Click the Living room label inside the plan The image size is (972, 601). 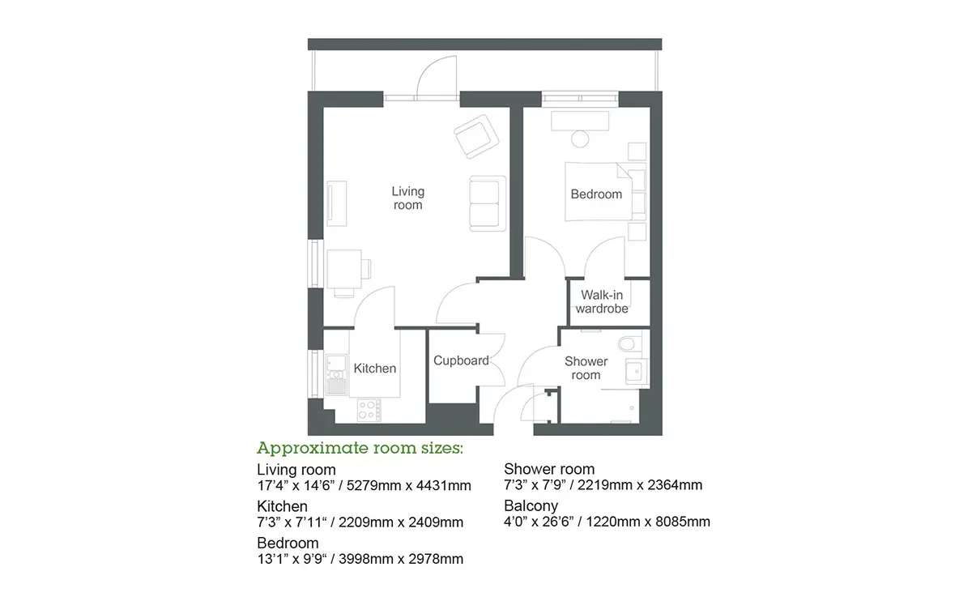click(x=408, y=198)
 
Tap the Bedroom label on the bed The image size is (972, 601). click(x=596, y=194)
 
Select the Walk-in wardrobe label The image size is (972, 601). click(x=602, y=301)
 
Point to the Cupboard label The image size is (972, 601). click(x=461, y=360)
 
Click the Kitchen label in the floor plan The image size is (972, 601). click(x=375, y=369)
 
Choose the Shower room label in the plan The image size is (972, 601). click(x=586, y=368)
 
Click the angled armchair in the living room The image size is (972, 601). click(x=476, y=136)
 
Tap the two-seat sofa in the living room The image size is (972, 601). click(x=488, y=203)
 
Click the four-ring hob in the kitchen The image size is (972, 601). click(x=369, y=410)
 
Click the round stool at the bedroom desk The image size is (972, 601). click(x=580, y=139)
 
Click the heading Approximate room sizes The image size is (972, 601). click(x=360, y=448)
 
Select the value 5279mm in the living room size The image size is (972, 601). click(x=373, y=485)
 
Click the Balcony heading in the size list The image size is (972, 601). click(x=531, y=506)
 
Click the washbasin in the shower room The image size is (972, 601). click(x=636, y=372)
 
